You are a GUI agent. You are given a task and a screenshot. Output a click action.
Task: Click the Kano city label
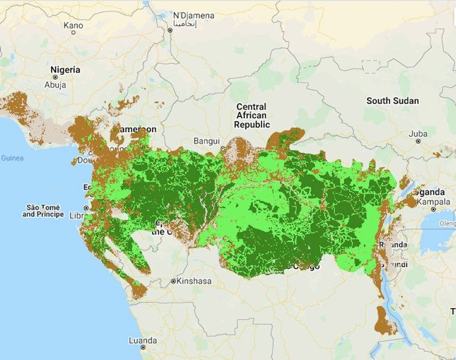tap(74, 25)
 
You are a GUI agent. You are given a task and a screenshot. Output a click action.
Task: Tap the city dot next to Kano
tap(74, 33)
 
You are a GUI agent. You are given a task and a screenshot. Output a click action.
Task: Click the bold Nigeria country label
tap(66, 70)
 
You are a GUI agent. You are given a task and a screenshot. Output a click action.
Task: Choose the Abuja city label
tap(55, 85)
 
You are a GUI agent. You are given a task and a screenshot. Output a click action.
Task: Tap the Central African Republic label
tap(251, 115)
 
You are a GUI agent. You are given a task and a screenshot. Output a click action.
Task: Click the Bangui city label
tap(206, 140)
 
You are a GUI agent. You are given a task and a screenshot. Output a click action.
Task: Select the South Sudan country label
tap(392, 101)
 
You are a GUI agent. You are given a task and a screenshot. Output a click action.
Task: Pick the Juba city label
tap(418, 134)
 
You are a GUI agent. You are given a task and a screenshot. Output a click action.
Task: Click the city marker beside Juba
tap(418, 142)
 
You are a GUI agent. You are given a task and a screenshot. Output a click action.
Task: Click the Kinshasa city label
tap(195, 281)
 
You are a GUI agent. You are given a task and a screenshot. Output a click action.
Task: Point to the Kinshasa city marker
tap(173, 281)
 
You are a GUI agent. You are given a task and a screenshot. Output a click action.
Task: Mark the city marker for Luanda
tap(143, 346)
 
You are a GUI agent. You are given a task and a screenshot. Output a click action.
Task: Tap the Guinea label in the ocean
tap(11, 157)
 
